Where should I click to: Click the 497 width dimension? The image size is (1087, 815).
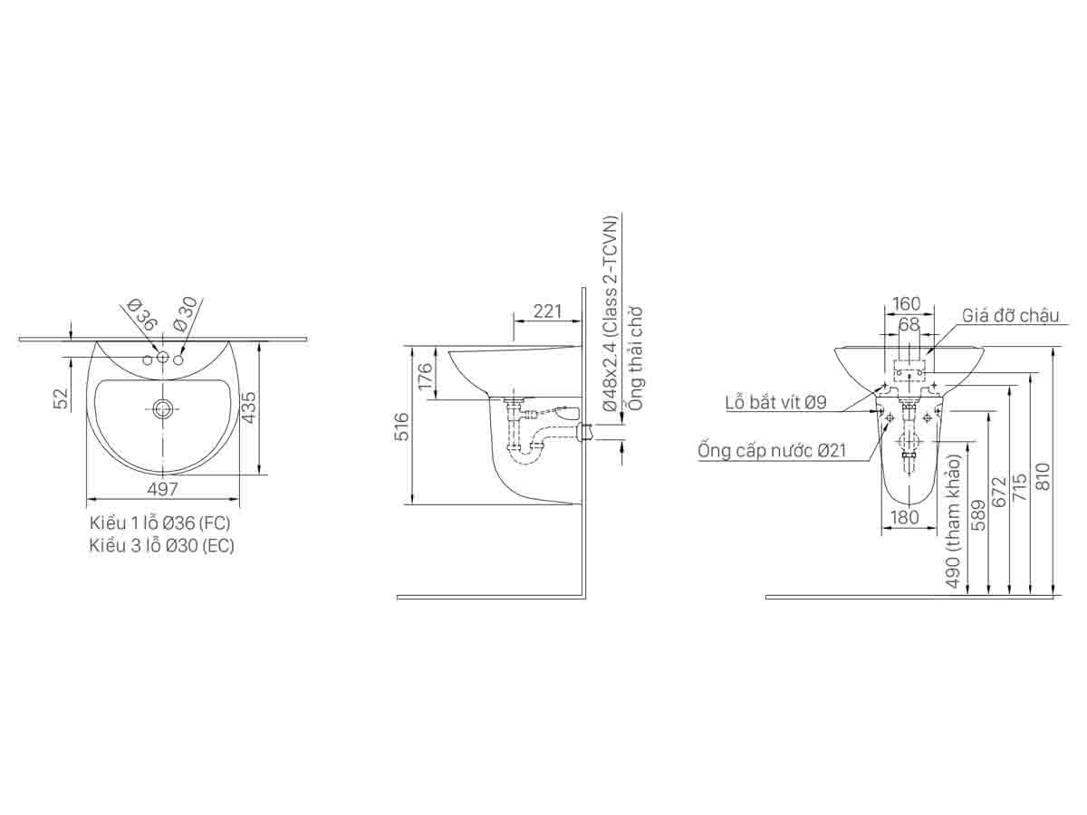163,489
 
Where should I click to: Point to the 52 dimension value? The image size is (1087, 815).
62,399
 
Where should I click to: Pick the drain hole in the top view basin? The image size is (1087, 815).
163,409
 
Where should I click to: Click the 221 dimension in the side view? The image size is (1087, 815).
545,312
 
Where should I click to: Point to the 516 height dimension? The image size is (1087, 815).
402,426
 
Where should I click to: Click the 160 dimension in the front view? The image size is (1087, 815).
906,303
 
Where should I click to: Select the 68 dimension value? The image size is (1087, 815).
909,323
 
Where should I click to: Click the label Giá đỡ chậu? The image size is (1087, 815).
1010,315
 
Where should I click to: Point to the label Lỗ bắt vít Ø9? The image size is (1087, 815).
775,403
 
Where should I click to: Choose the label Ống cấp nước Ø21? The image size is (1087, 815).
772,450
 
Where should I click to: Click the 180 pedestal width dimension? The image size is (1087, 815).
905,517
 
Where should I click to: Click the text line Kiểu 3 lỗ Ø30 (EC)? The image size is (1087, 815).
161,545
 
